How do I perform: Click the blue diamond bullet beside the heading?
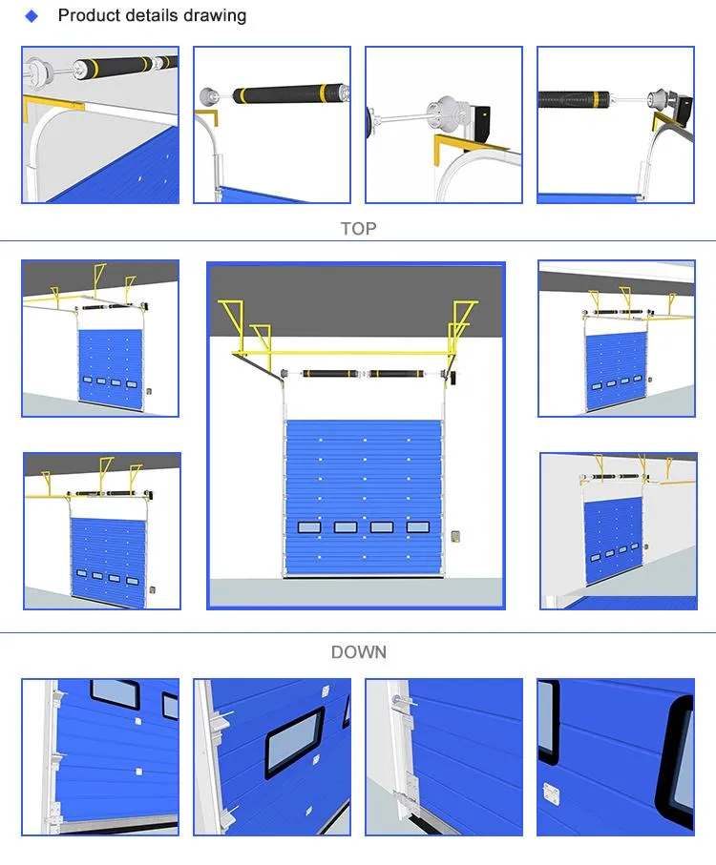pyautogui.click(x=32, y=16)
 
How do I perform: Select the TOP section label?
pyautogui.click(x=358, y=229)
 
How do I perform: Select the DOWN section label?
pyautogui.click(x=358, y=652)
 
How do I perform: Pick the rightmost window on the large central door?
pyautogui.click(x=417, y=526)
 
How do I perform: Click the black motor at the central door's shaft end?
pyautogui.click(x=455, y=379)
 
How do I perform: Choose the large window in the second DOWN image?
pyautogui.click(x=292, y=742)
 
